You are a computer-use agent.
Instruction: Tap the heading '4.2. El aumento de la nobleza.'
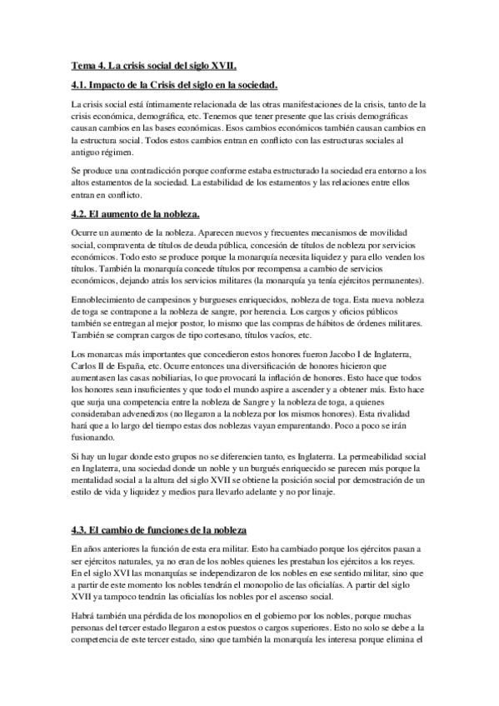[x=135, y=214]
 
